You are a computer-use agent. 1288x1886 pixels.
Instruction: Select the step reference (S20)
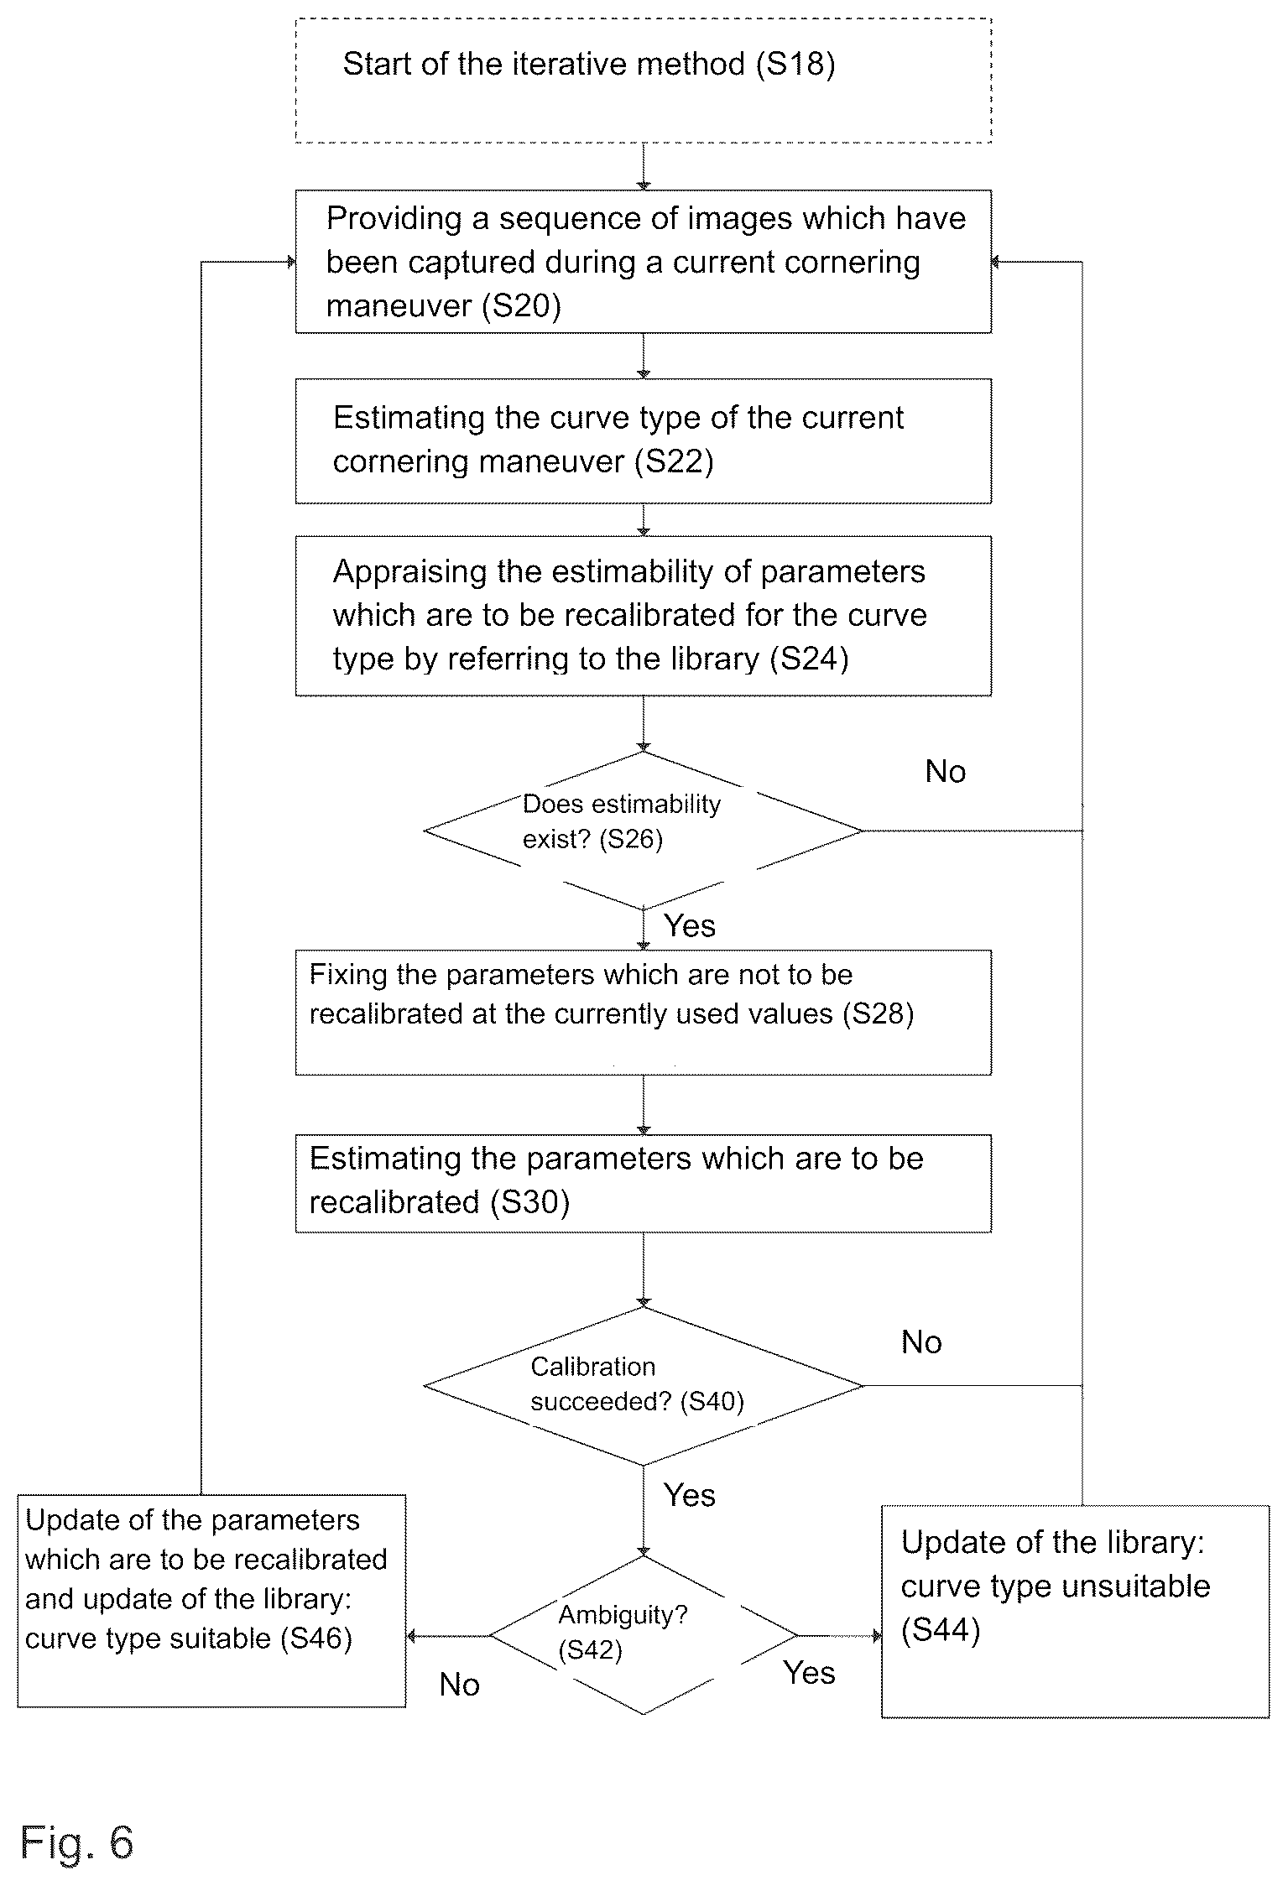[x=521, y=305]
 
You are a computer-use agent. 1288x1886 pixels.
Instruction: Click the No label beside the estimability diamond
[x=946, y=772]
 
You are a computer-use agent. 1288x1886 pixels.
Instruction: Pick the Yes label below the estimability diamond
[x=690, y=925]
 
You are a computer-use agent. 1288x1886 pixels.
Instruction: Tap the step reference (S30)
[x=529, y=1203]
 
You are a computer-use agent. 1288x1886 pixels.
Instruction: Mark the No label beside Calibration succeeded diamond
[x=921, y=1342]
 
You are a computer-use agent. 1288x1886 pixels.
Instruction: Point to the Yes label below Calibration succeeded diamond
[x=690, y=1495]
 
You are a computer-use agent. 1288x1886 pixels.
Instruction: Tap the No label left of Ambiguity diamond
[x=460, y=1685]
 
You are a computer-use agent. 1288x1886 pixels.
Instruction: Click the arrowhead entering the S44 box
[x=877, y=1635]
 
